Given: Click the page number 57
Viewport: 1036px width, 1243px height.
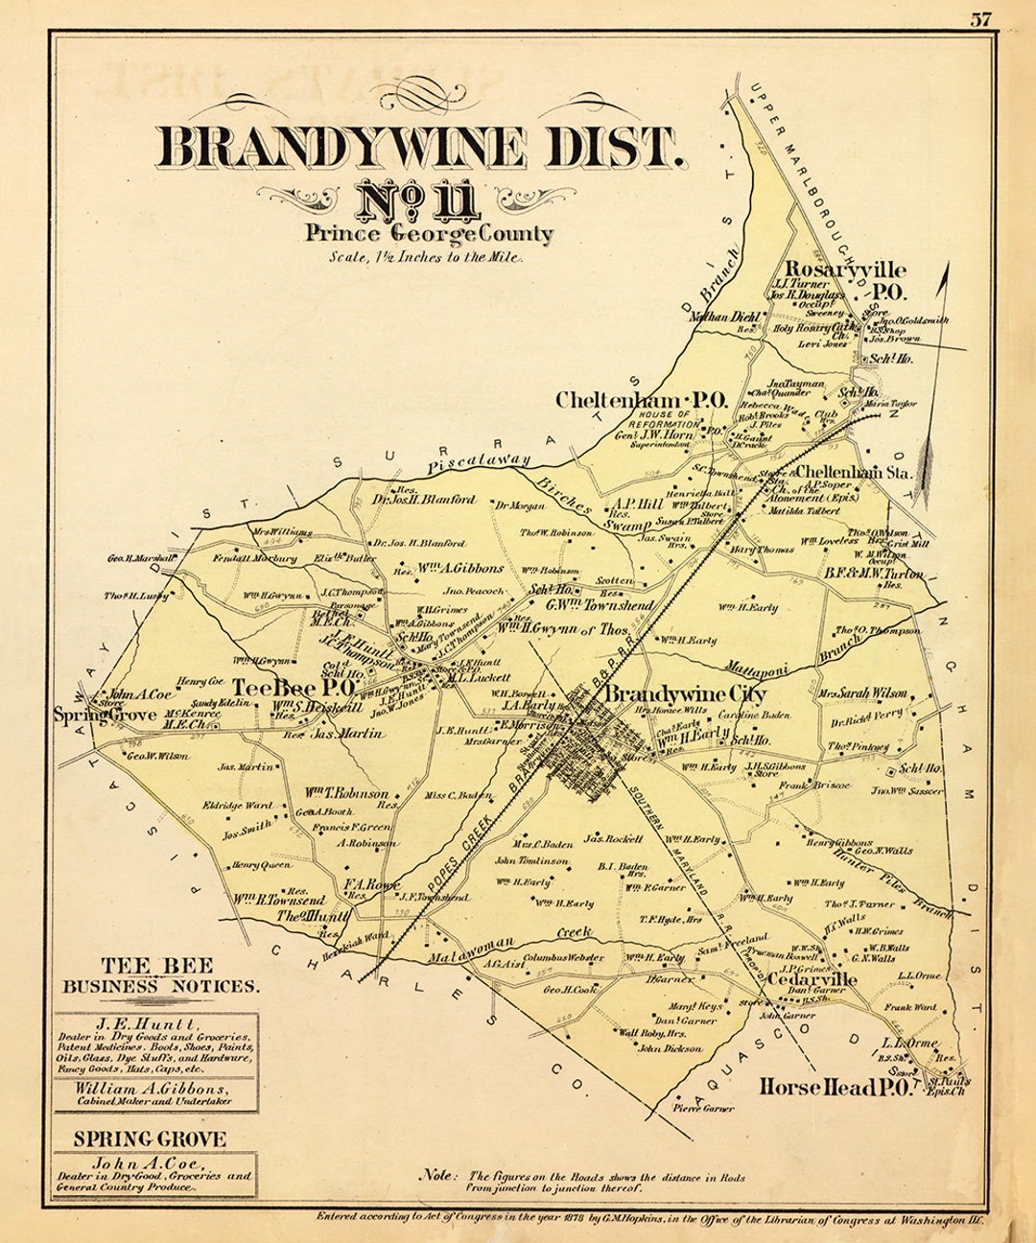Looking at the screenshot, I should (x=980, y=19).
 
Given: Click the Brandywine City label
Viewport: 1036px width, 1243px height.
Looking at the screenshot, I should (x=686, y=693).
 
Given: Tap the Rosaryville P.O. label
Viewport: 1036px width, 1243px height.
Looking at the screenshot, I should (x=845, y=279).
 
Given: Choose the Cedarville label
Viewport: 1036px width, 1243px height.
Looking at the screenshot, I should (x=812, y=979).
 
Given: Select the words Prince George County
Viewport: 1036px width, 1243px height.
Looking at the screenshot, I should (x=429, y=233).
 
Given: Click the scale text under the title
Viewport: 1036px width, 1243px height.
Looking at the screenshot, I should (x=427, y=257).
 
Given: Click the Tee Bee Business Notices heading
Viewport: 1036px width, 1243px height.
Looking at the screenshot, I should (x=159, y=975).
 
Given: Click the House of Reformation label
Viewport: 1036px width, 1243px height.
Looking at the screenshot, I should (x=665, y=419).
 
